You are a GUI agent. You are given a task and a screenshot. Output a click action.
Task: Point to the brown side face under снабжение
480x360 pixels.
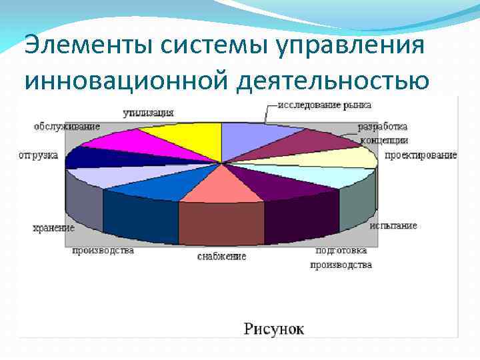click(x=220, y=223)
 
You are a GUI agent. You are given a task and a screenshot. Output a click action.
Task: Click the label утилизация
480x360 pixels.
click(x=148, y=113)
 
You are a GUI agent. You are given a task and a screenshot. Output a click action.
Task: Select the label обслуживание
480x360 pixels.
click(x=67, y=126)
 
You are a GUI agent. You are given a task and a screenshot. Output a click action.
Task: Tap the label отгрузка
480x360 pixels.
click(x=38, y=155)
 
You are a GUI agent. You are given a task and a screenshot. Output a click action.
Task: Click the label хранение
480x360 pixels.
click(x=53, y=228)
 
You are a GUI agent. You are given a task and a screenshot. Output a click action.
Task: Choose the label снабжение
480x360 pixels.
click(x=221, y=256)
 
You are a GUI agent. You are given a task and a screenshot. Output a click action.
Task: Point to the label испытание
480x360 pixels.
click(x=393, y=225)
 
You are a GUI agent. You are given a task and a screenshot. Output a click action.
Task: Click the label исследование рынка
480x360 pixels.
click(x=325, y=105)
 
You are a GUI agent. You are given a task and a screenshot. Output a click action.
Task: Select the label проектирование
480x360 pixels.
click(x=421, y=155)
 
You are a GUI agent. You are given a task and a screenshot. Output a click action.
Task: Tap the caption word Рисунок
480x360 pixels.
click(x=273, y=328)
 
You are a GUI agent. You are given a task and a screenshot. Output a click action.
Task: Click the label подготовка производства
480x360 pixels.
click(x=341, y=258)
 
